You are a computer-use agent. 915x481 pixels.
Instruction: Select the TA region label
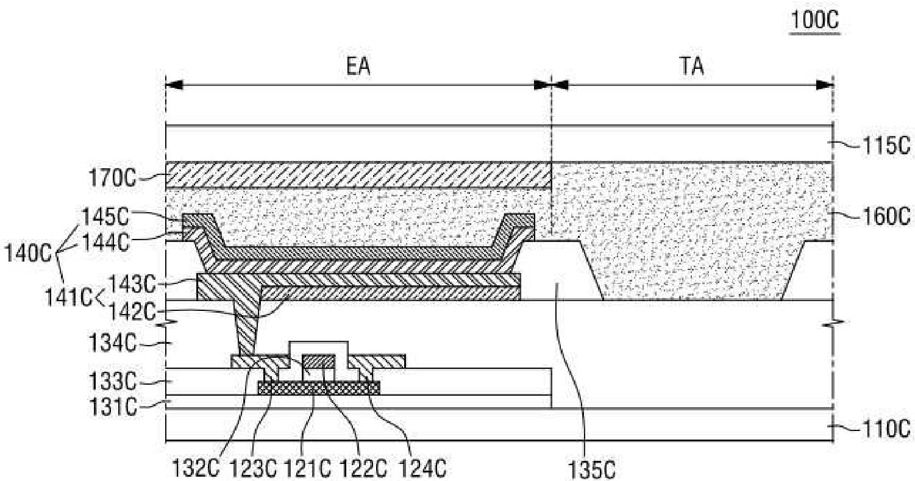[x=692, y=66]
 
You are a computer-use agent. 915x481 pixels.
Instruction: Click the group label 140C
[x=25, y=252]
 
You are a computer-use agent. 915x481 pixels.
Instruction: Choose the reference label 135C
[x=588, y=470]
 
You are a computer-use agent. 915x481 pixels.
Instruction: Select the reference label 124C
[x=423, y=470]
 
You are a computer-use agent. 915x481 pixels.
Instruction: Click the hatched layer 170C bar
[x=358, y=175]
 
